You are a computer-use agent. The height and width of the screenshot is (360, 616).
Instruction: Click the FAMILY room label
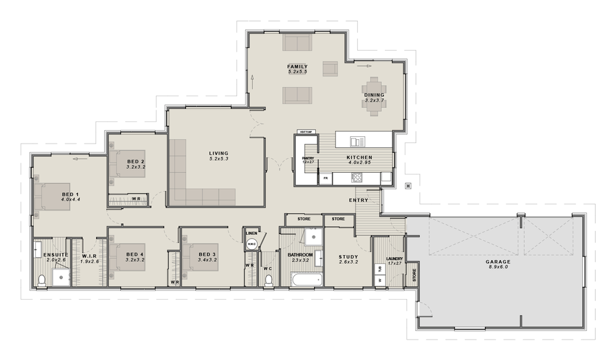(298, 67)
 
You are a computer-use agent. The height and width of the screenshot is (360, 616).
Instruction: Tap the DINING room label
(374, 95)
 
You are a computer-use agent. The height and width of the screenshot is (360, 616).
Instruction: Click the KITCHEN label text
(360, 157)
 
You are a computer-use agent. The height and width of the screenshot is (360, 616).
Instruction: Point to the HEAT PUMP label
(306, 132)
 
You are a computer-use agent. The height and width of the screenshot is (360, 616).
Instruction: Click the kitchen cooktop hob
(357, 178)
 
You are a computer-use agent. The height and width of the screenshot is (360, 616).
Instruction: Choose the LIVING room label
(219, 153)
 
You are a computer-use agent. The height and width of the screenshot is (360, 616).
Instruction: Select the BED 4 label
(135, 254)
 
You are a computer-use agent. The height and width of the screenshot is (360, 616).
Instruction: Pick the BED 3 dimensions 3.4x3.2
(208, 260)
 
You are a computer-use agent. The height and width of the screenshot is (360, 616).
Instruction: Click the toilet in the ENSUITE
(42, 280)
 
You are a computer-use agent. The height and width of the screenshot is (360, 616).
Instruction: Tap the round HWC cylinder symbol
(251, 244)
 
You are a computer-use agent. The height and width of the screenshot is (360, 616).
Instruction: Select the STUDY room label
(349, 258)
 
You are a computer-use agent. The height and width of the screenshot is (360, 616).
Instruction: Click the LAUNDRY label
(394, 258)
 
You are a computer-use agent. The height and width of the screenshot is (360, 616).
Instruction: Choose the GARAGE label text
(498, 261)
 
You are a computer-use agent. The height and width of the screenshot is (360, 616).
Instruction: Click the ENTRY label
(359, 200)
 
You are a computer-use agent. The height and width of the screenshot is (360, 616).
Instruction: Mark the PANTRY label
(308, 158)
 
